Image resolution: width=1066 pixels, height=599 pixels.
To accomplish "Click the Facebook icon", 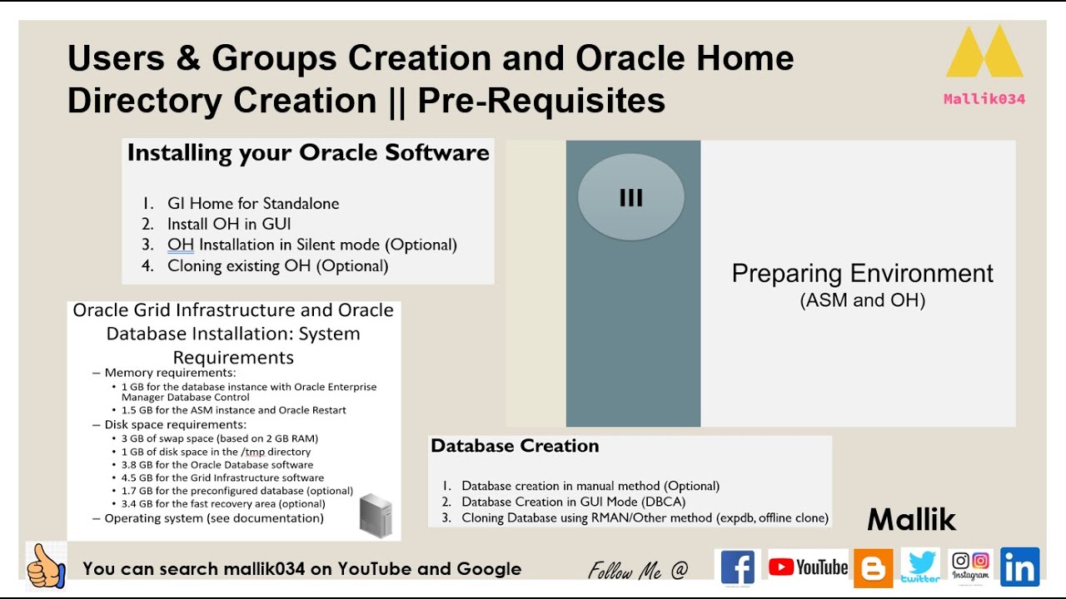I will click(x=737, y=568).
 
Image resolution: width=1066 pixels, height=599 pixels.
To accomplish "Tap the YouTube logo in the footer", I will click(x=808, y=567).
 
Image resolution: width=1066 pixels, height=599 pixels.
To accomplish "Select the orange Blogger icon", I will click(x=873, y=569).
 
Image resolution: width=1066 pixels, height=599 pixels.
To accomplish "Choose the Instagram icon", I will click(x=970, y=566).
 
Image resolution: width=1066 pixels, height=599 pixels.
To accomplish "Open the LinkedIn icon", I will click(x=1019, y=567).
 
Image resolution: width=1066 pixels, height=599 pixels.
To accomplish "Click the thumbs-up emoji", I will click(x=46, y=567).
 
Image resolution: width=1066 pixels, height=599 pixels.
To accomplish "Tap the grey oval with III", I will click(x=630, y=198).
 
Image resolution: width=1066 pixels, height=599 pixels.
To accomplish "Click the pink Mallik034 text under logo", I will click(x=984, y=99).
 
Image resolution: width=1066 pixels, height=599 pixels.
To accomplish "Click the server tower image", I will click(x=375, y=516).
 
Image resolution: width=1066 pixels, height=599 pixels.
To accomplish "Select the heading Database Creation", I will click(x=515, y=446).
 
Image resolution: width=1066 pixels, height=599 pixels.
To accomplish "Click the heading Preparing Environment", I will click(x=862, y=274).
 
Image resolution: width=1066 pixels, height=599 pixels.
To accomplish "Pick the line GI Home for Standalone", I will click(x=252, y=203).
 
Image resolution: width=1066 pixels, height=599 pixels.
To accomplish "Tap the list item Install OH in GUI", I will click(x=229, y=224).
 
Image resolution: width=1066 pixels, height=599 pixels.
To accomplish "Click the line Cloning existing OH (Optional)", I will click(x=277, y=266).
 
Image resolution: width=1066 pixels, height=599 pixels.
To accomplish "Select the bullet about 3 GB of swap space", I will click(x=220, y=438).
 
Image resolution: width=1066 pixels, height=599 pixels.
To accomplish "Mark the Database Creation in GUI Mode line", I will click(x=562, y=502).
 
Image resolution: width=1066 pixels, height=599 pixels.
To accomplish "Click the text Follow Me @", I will click(x=638, y=571).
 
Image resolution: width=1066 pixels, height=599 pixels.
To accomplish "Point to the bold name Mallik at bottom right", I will click(x=911, y=520).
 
